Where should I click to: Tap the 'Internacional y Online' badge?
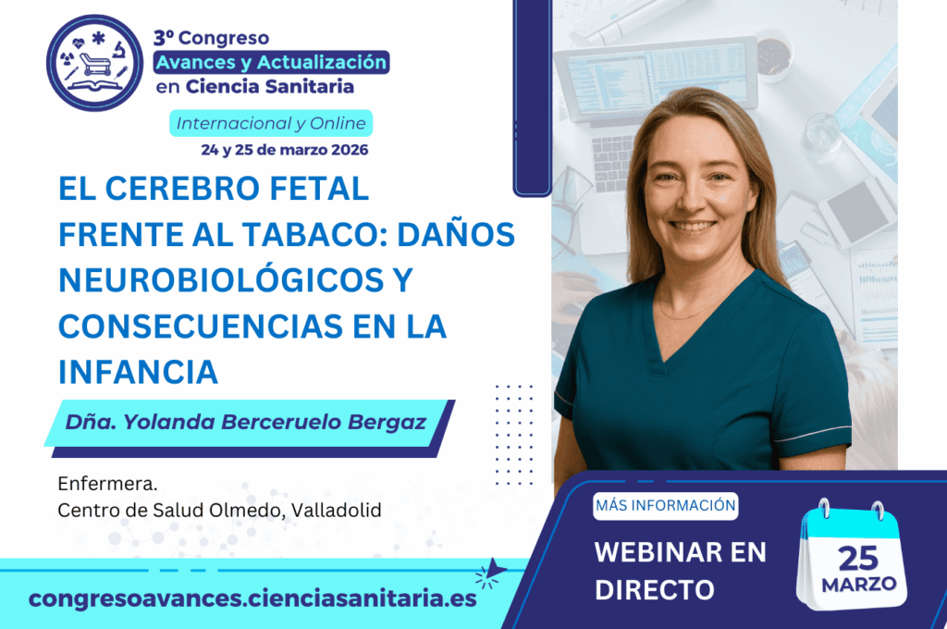271,123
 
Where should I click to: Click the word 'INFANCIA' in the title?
138,372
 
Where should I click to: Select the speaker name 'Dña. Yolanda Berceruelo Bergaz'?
246,423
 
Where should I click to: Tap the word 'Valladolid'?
336,510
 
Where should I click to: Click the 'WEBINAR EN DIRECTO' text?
680,570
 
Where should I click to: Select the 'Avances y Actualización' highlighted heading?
271,63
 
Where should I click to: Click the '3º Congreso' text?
211,38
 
